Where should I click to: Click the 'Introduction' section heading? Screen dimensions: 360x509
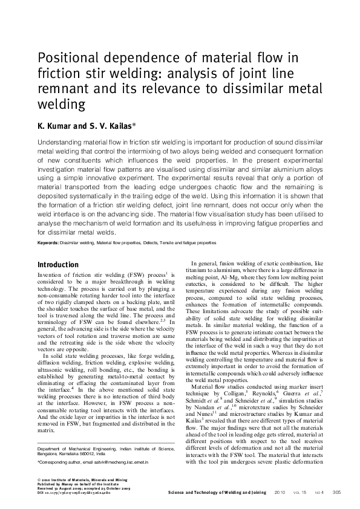pyautogui.click(x=58, y=265)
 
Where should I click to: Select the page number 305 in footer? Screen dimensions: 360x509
pyautogui.click(x=337, y=493)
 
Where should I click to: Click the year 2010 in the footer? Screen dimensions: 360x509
pyautogui.click(x=280, y=493)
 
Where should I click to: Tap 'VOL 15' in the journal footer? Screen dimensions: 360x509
pyautogui.click(x=301, y=493)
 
